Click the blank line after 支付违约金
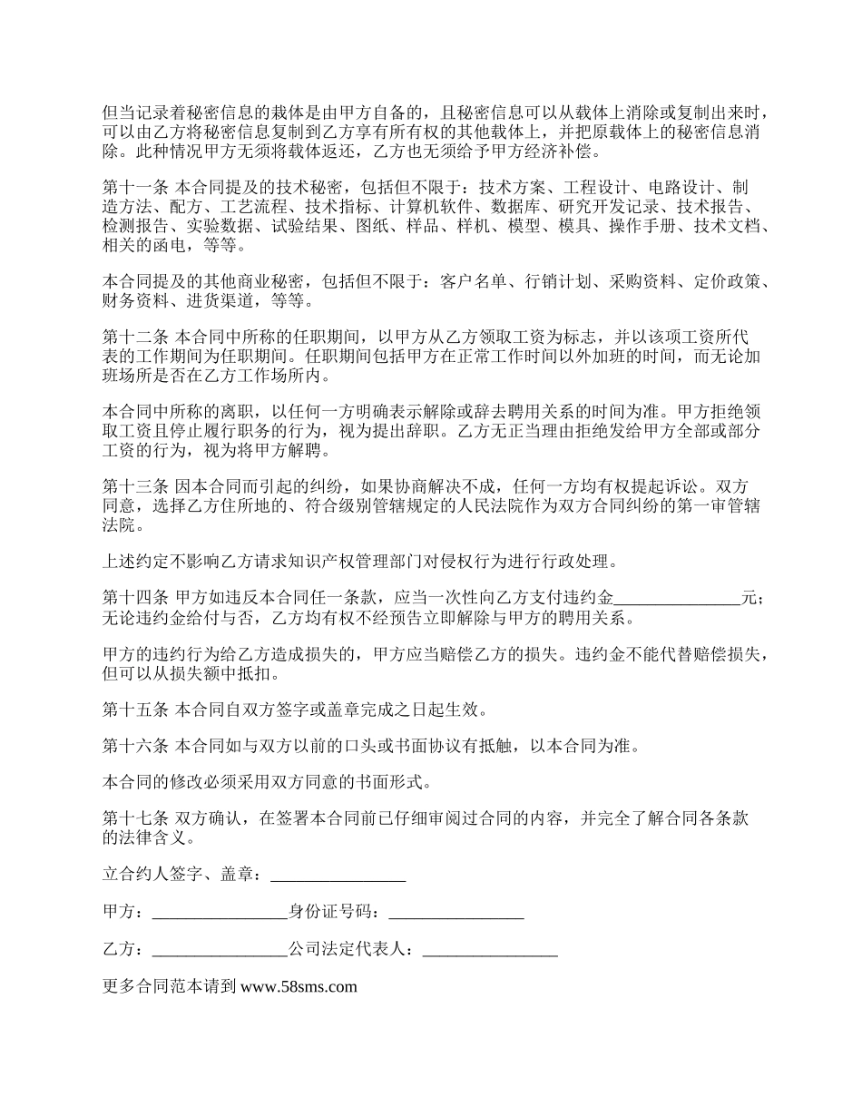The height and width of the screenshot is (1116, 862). click(x=678, y=599)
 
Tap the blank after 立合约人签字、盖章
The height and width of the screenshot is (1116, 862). click(x=338, y=876)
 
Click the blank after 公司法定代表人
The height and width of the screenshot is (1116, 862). click(x=490, y=950)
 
